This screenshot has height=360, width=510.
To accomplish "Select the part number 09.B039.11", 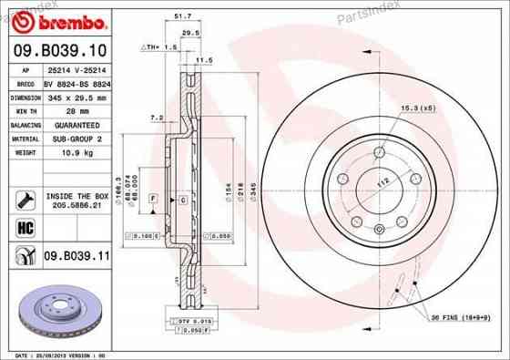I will coord(76,258).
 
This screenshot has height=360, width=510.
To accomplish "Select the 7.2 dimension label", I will coord(156,118).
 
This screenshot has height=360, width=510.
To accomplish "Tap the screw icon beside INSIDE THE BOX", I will coord(25,198).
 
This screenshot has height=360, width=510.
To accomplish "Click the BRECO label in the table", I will coord(24,80).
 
